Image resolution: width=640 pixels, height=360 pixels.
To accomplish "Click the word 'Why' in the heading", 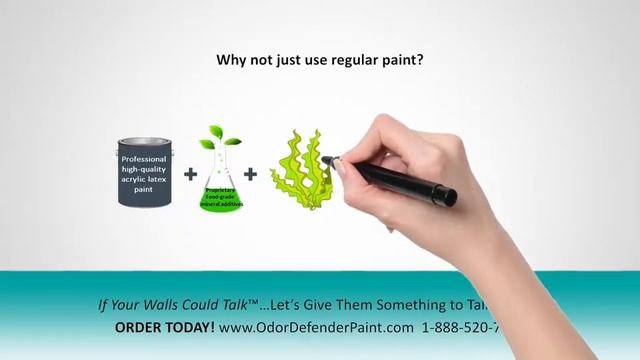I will click(233, 60).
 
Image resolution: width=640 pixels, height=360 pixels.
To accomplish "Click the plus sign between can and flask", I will click(190, 173).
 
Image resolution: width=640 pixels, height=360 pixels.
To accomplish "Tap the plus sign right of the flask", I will click(250, 173).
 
